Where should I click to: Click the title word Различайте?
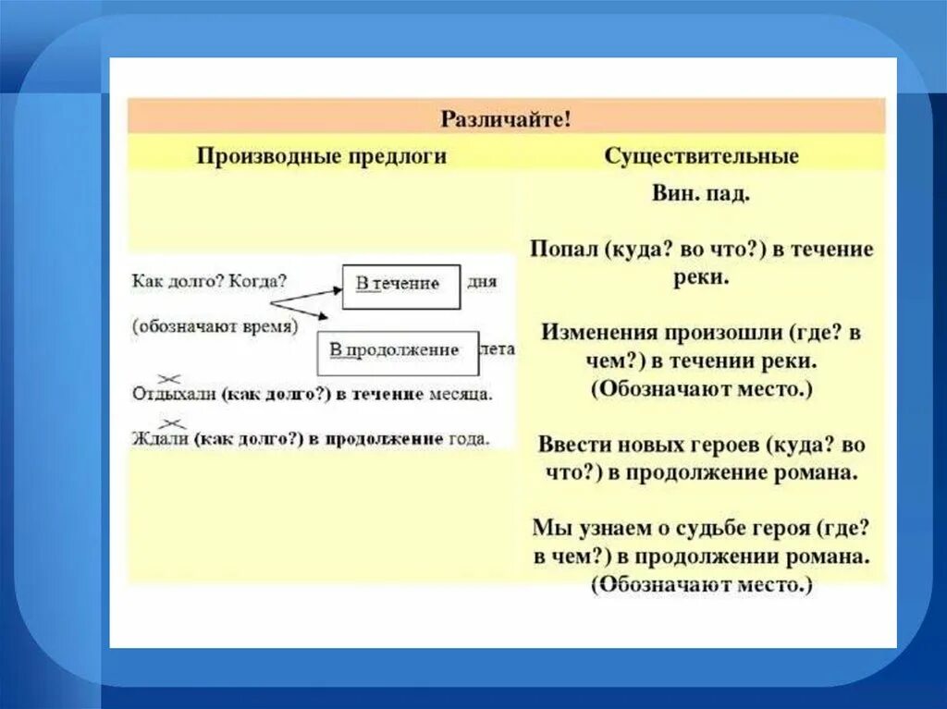pyautogui.click(x=506, y=118)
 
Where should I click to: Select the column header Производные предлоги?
pyautogui.click(x=322, y=156)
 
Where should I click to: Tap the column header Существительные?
pyautogui.click(x=702, y=156)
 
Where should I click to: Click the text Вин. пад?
pyautogui.click(x=701, y=196)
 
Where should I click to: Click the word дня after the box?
pyautogui.click(x=483, y=282)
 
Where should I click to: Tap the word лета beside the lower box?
pyautogui.click(x=498, y=349)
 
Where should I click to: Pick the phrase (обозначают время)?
pyautogui.click(x=215, y=325)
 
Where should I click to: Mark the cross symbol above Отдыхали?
pyautogui.click(x=169, y=377)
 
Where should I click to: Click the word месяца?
pyautogui.click(x=461, y=394)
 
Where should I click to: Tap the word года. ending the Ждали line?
pyautogui.click(x=470, y=438)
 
